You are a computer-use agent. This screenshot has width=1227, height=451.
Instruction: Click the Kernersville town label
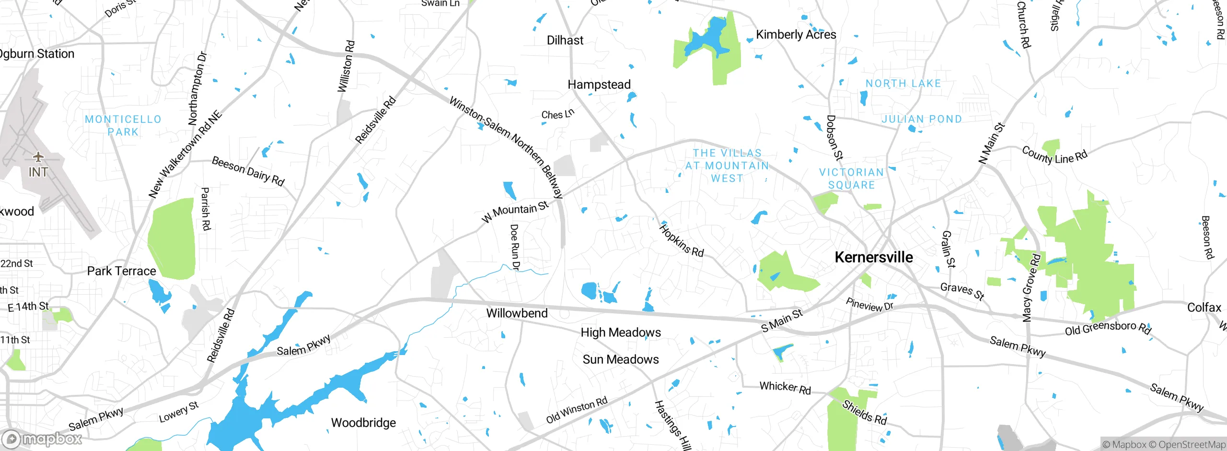tap(873, 257)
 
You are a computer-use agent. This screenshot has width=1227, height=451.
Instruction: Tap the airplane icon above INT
tap(38, 157)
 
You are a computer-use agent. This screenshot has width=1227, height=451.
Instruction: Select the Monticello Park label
tap(123, 125)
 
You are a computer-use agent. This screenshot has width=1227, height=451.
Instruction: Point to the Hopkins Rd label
tap(681, 241)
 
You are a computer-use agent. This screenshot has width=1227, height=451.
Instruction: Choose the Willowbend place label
tap(517, 313)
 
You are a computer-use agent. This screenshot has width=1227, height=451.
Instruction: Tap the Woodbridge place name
tap(363, 423)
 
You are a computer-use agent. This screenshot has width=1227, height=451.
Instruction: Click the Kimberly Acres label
tap(796, 35)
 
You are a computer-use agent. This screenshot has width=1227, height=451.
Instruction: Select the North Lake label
tap(903, 83)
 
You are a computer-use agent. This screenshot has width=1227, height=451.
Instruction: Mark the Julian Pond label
tap(921, 119)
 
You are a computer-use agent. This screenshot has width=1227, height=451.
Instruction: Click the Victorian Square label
tap(851, 178)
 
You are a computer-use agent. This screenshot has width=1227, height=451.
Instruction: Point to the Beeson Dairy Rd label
tap(248, 171)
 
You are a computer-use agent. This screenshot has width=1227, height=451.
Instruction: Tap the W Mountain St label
tap(515, 212)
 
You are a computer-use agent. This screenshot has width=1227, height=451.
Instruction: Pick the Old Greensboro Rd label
tap(1108, 329)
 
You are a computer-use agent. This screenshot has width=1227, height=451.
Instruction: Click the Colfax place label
tap(1204, 308)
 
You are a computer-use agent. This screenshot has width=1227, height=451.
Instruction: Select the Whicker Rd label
tap(785, 387)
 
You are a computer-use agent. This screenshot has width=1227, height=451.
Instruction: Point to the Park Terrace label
tap(121, 271)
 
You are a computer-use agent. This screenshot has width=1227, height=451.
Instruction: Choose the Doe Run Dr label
tap(515, 247)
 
